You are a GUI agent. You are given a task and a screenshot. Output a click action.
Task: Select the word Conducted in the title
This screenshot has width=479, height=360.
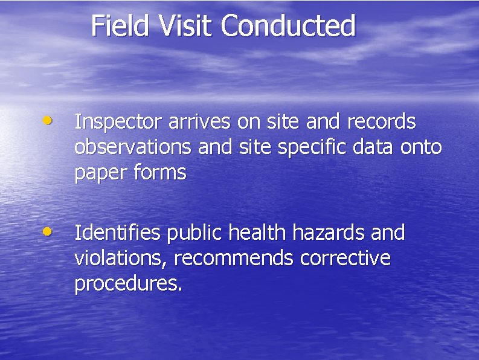[x=288, y=26]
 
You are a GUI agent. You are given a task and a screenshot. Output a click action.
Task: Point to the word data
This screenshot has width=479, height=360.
[x=365, y=147]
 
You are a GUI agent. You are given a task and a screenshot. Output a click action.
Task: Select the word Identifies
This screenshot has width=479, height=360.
[x=117, y=233]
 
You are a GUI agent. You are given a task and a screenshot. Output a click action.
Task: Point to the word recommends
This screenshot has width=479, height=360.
[x=234, y=259]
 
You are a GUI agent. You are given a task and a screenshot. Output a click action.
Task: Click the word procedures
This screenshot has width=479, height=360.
[x=127, y=284]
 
